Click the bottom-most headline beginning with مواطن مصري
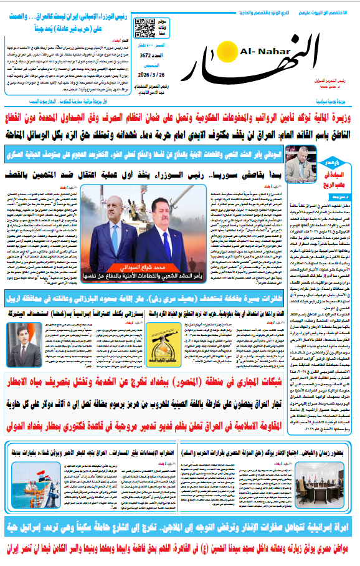pos(180,549)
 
